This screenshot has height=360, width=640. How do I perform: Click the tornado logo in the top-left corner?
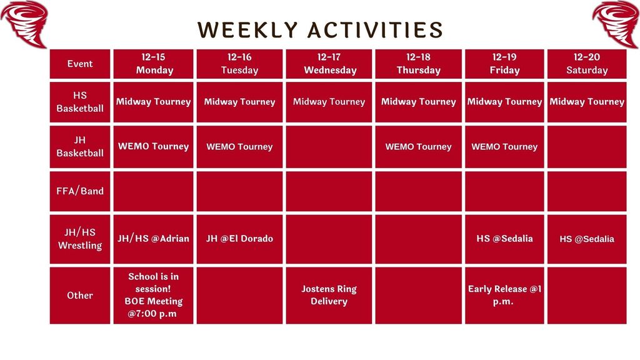(25, 23)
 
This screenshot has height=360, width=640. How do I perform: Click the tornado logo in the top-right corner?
(616, 23)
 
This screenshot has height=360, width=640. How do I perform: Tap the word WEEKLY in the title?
(249, 29)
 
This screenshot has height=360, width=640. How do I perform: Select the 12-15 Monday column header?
(154, 64)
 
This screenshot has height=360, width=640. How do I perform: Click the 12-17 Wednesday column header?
(329, 64)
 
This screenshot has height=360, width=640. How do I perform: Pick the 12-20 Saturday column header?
(586, 64)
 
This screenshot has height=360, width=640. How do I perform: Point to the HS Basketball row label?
(80, 102)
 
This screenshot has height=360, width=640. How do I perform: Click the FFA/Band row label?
(80, 191)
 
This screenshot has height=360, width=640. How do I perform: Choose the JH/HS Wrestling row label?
(80, 239)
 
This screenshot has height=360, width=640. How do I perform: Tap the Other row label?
(80, 295)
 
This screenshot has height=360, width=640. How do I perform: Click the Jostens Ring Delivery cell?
(329, 295)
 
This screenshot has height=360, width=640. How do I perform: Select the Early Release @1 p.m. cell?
(504, 295)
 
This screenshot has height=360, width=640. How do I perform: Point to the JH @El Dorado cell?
(240, 238)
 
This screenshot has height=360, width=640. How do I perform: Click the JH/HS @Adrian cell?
(154, 238)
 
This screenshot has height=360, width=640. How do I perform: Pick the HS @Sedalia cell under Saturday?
(586, 239)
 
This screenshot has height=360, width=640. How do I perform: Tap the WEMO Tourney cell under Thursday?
(418, 147)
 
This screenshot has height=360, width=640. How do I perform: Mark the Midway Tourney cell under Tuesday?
(240, 102)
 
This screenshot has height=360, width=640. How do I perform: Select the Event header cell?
(80, 64)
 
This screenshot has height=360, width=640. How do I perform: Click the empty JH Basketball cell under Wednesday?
(329, 147)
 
